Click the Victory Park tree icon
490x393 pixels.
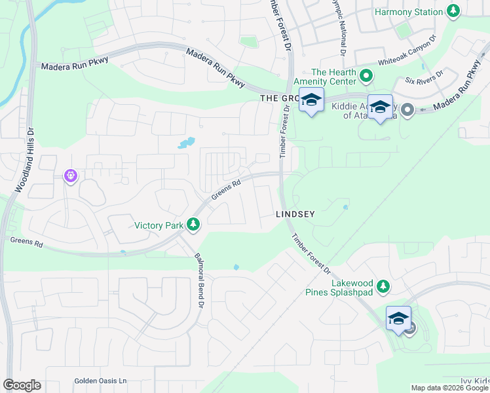[193, 225]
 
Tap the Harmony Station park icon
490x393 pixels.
[453, 11]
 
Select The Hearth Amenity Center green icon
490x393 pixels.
[366, 77]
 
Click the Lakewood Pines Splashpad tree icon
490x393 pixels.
[384, 286]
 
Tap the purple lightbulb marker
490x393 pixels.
[71, 176]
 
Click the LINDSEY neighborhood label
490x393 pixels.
[295, 214]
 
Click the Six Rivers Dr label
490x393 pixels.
[424, 77]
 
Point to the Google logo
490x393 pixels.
[22, 385]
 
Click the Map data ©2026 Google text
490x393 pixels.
[449, 388]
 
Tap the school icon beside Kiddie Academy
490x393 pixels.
[380, 107]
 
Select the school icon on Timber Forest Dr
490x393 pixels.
[311, 100]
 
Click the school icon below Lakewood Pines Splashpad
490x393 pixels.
[398, 318]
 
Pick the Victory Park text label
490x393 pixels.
[159, 225]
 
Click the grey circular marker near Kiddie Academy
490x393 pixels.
[407, 109]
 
